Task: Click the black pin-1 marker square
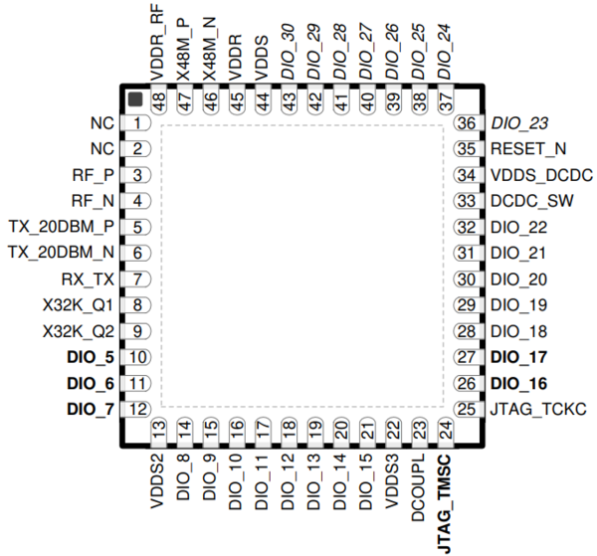133,97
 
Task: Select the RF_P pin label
95,175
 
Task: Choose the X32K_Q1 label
80,305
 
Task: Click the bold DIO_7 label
91,408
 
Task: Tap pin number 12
135,408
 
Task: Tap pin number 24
445,429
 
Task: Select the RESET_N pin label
528,149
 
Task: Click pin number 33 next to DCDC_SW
466,201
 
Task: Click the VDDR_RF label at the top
158,42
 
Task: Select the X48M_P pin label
184,49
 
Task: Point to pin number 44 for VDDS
262,101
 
